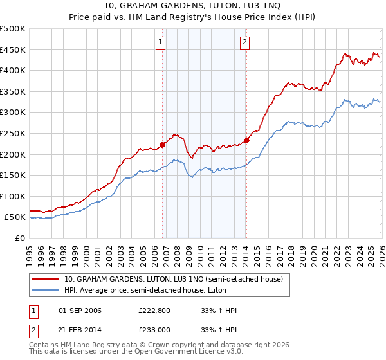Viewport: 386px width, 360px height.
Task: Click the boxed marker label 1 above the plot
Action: [160, 43]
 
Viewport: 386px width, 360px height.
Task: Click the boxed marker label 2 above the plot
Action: [245, 43]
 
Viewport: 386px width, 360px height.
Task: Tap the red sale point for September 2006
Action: [162, 145]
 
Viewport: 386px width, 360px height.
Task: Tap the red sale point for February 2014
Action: [246, 140]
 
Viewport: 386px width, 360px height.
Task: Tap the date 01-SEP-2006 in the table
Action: [80, 311]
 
